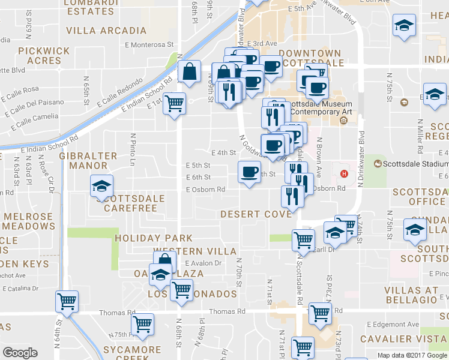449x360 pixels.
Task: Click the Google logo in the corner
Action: click(x=20, y=353)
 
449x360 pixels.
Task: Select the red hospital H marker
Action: click(x=344, y=174)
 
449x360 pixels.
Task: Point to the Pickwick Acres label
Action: click(x=40, y=56)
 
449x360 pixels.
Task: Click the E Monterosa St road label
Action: click(x=149, y=44)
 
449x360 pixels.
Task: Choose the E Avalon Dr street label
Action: click(x=203, y=263)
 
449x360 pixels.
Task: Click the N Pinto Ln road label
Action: click(x=131, y=146)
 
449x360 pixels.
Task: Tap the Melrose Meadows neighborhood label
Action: click(x=29, y=220)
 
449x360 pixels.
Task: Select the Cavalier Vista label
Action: click(x=403, y=339)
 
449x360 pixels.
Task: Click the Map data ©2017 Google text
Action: click(x=412, y=355)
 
